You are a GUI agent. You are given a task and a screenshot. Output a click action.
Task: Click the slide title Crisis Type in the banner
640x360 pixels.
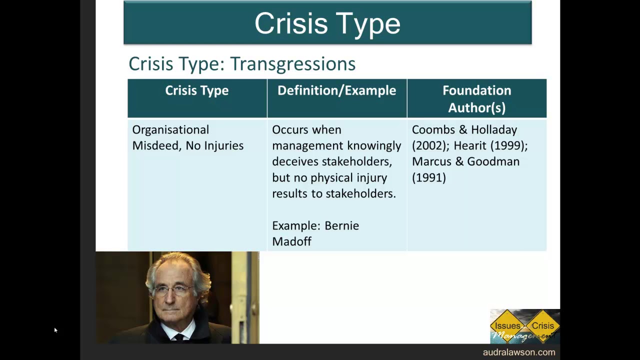pos(327,23)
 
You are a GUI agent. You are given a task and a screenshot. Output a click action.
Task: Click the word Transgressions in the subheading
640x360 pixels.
pos(292,64)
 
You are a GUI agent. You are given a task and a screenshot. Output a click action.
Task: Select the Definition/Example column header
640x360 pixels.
pos(336,90)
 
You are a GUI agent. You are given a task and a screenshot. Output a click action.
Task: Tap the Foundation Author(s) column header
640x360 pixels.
pos(476,98)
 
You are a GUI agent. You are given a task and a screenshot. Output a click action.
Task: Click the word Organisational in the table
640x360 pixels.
pos(170,130)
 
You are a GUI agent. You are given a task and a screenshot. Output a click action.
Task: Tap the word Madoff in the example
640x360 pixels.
pos(291,242)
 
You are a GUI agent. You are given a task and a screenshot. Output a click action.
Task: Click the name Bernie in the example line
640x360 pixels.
pos(341,226)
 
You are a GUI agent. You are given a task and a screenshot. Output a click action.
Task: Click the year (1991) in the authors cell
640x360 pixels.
pos(428,178)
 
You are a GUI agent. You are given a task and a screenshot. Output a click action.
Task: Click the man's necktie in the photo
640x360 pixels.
pos(179,337)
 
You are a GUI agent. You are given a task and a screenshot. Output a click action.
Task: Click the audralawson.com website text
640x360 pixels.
pos(518,352)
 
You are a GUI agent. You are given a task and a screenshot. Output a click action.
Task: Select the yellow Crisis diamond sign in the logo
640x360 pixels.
pos(542,325)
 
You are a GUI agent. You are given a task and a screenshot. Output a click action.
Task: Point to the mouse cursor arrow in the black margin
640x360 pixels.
pos(55,330)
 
